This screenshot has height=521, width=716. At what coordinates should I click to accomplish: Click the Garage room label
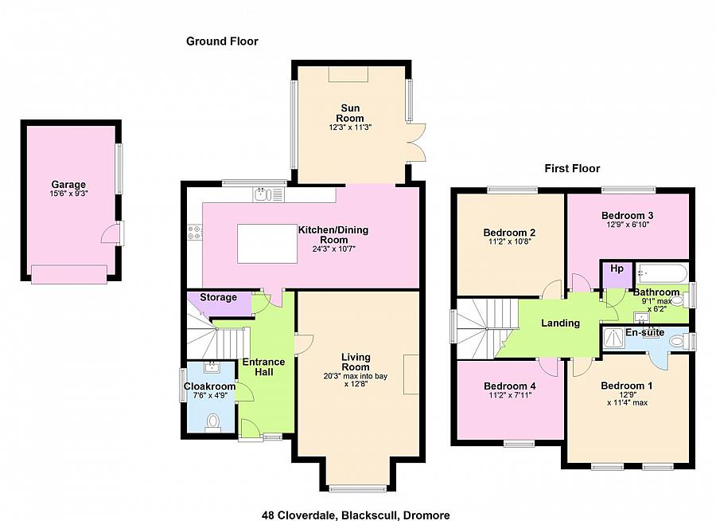pos(68,184)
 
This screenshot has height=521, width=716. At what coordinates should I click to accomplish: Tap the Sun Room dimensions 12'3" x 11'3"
pos(350,127)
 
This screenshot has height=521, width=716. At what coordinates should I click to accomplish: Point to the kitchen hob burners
pos(195,232)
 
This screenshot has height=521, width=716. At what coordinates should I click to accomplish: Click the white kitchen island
pos(267,243)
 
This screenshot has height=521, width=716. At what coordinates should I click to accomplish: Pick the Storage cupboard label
pos(218,297)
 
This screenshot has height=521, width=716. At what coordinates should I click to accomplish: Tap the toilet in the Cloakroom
pos(212,421)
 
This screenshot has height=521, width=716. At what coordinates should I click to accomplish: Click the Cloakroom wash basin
pos(212,366)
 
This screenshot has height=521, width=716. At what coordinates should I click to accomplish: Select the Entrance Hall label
pos(264,366)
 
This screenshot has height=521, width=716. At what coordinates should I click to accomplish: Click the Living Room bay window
pos(357,489)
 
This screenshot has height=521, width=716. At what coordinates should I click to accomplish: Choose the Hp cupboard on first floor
pos(617,275)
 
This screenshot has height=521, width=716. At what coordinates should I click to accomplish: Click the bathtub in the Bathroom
pos(662,273)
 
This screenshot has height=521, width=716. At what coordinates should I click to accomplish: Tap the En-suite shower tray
pos(614,338)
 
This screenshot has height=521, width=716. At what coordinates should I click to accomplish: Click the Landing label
pos(560,323)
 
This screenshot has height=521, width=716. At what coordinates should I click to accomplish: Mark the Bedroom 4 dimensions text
pos(510,395)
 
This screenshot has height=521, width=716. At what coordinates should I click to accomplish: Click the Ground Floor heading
pos(223,41)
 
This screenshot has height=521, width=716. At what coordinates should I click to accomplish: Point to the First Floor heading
pos(572,168)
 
